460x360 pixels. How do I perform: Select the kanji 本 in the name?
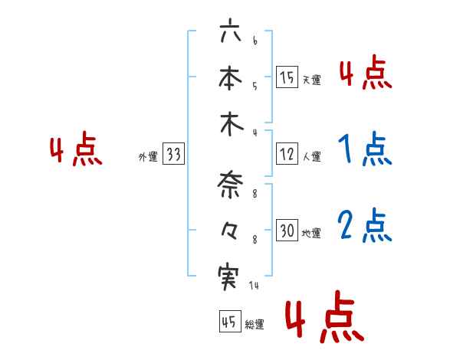[230, 80]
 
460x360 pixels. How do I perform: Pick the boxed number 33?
[173, 155]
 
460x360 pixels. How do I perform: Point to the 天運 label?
[311, 80]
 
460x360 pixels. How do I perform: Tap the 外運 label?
[148, 157]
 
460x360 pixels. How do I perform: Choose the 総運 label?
[255, 325]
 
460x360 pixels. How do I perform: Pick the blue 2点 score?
[365, 227]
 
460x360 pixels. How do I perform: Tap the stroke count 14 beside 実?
[254, 286]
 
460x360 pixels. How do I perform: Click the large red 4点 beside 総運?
[323, 318]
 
